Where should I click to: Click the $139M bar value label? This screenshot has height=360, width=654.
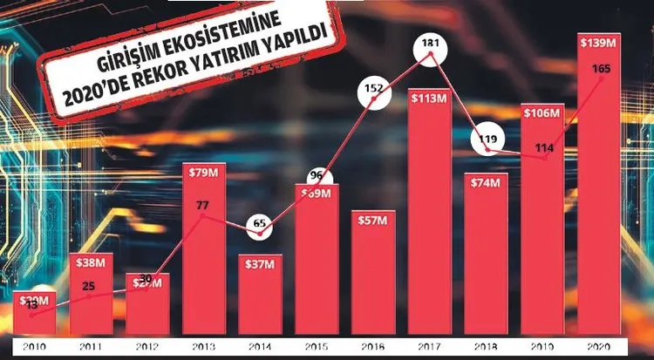599,42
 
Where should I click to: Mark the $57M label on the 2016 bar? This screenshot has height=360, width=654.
372,218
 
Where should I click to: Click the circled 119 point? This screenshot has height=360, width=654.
485,137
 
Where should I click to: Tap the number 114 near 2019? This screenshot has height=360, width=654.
545,147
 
